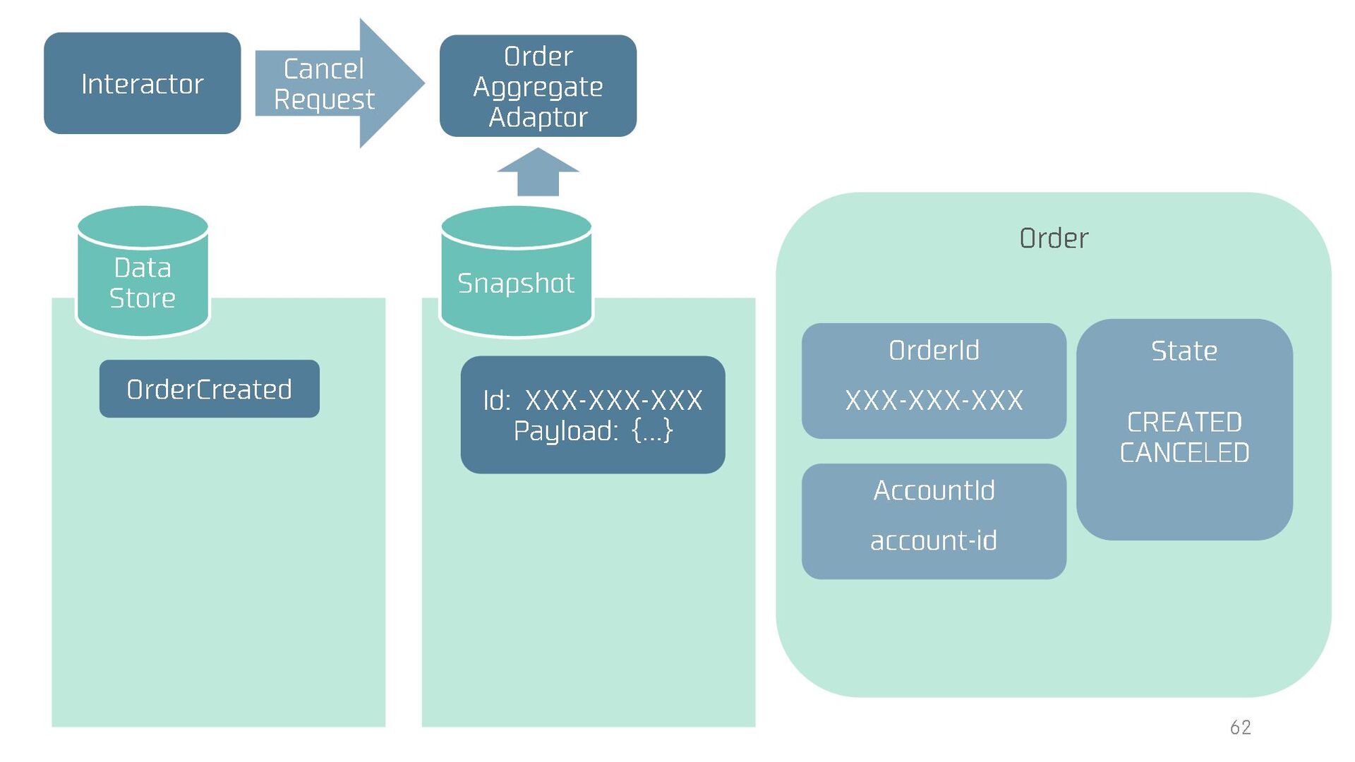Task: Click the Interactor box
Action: point(142,83)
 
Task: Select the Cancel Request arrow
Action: point(339,83)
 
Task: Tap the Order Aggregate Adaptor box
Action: point(538,86)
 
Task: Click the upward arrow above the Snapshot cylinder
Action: point(538,171)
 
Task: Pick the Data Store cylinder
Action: point(143,272)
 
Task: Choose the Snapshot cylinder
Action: point(516,272)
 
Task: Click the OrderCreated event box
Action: point(209,389)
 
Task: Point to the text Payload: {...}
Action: point(593,430)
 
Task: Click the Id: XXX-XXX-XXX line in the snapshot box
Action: point(593,400)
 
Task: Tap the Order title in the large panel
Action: point(1054,238)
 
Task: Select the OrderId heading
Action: point(934,351)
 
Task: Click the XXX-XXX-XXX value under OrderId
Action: point(934,401)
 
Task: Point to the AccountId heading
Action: point(934,490)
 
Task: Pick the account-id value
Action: point(934,540)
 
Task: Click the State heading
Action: point(1184,351)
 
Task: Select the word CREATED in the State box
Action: point(1184,422)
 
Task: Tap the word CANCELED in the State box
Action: point(1184,452)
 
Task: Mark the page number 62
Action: point(1240,727)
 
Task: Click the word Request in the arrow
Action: point(324,99)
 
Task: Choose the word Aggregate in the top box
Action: point(538,87)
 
